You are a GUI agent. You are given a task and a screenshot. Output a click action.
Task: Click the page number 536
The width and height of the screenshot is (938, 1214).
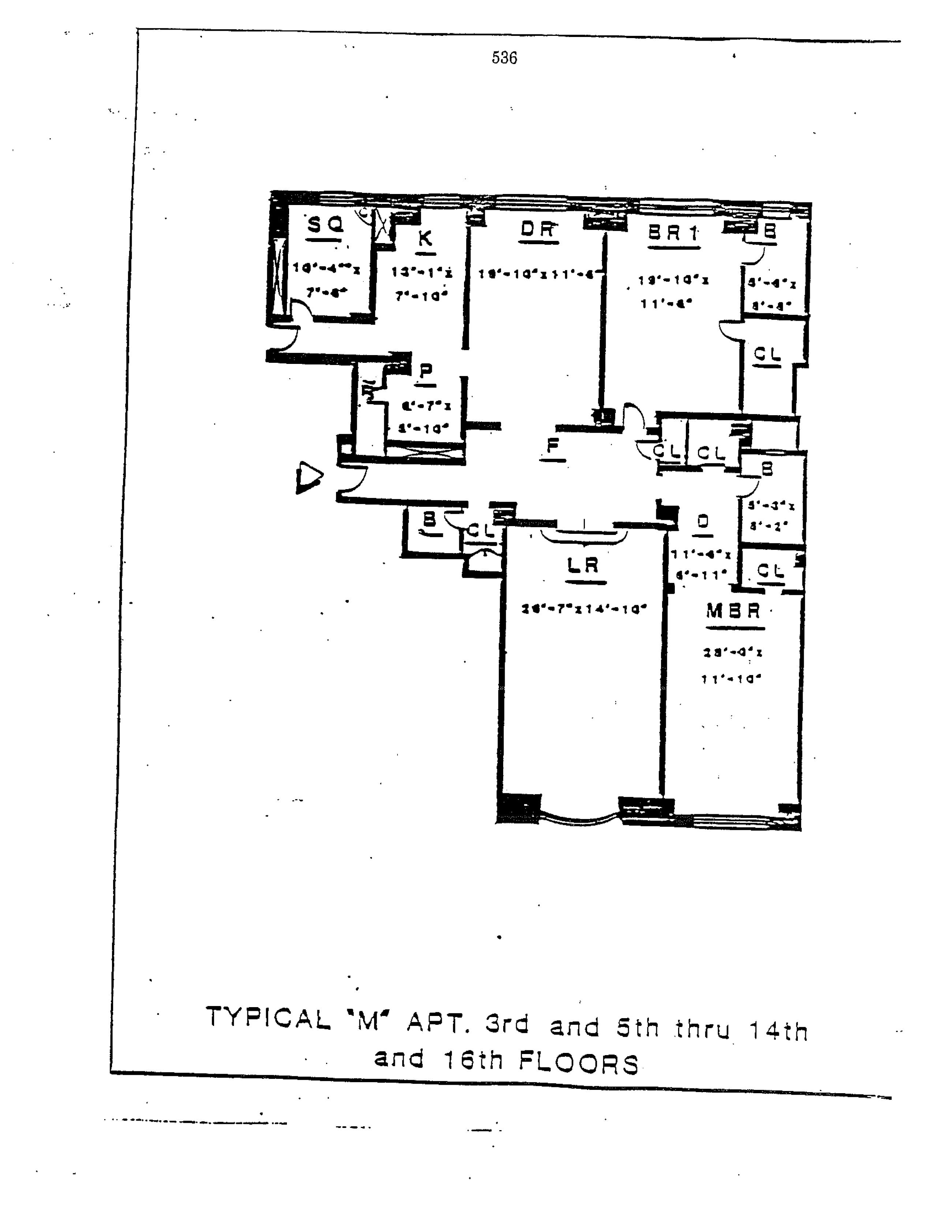504,58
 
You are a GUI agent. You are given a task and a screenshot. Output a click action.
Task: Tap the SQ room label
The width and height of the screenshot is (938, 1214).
326,225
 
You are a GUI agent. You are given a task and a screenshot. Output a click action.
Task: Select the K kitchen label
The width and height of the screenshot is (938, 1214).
425,239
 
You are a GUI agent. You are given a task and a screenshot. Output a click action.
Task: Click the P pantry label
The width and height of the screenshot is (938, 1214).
426,371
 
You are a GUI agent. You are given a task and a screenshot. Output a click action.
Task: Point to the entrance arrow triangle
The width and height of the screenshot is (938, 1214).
308,477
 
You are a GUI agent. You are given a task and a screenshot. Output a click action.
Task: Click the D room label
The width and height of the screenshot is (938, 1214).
703,521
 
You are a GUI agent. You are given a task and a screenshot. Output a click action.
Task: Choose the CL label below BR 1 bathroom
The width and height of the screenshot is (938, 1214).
767,354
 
